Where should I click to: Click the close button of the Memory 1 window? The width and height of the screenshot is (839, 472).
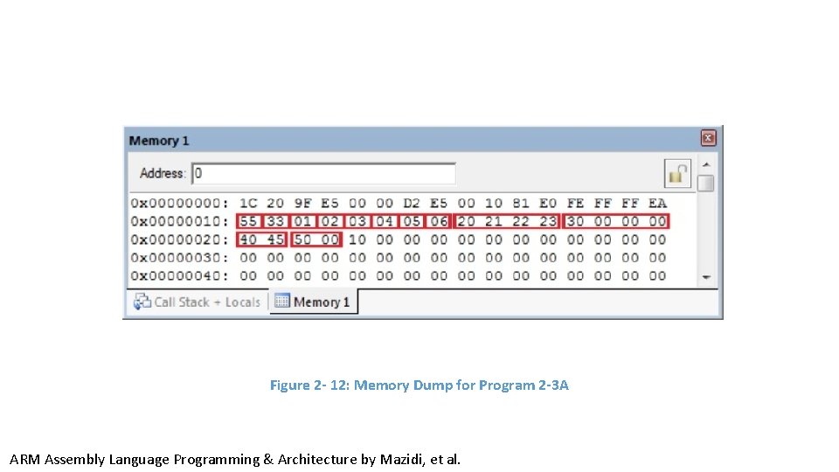click(708, 138)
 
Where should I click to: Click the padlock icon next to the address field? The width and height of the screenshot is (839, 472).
click(678, 173)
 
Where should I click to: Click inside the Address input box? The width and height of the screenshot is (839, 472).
click(323, 173)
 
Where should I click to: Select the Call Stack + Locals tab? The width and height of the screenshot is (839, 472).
click(198, 302)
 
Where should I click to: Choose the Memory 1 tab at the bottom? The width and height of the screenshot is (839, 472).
click(313, 302)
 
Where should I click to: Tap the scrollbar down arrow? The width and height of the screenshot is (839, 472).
click(705, 277)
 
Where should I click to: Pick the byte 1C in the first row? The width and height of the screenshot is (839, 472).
click(248, 203)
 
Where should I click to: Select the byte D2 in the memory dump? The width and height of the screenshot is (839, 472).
click(412, 203)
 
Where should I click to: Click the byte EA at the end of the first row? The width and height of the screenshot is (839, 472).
click(657, 203)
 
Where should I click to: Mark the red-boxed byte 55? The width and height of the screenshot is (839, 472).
click(248, 221)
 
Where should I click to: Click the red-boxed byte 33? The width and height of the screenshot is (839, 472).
click(275, 221)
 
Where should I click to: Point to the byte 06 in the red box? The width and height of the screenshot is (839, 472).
click(439, 221)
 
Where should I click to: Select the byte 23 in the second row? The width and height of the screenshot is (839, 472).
click(548, 221)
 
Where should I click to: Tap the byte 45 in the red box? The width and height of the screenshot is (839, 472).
click(275, 239)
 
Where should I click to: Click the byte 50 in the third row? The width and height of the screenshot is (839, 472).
click(302, 239)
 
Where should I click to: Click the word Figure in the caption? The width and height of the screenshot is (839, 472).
click(289, 385)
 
